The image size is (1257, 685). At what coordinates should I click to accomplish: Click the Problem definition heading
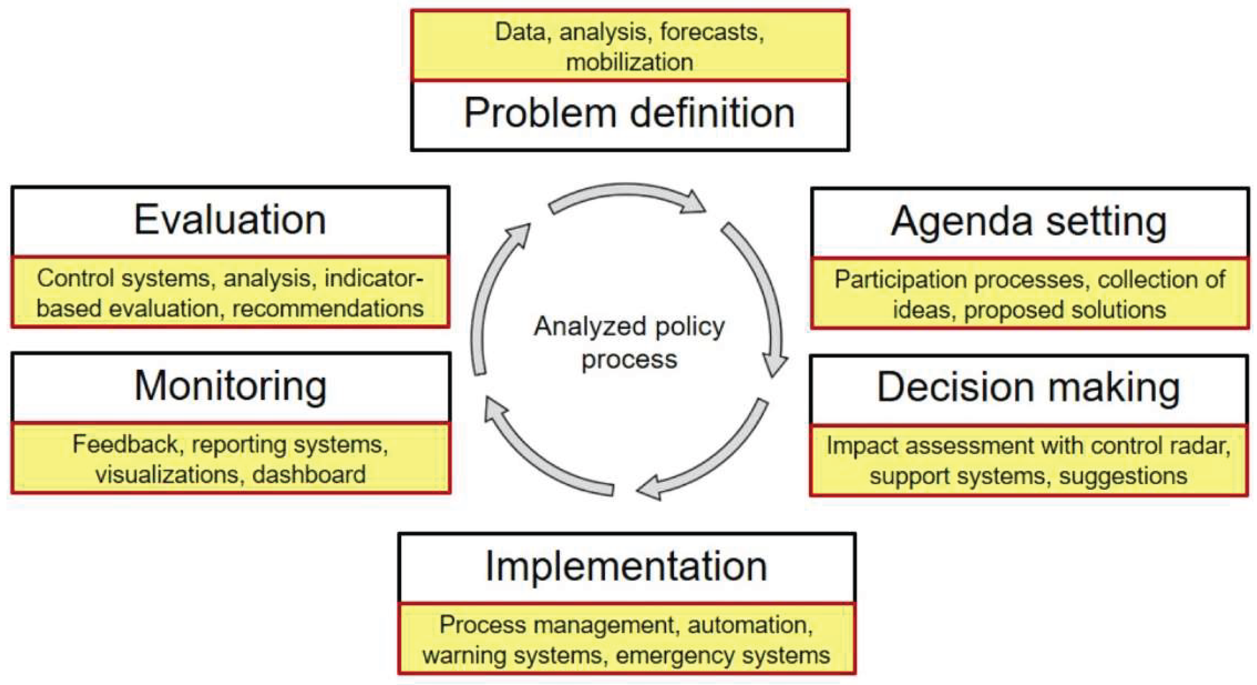pyautogui.click(x=629, y=113)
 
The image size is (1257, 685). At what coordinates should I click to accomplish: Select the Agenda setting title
pyautogui.click(x=1029, y=223)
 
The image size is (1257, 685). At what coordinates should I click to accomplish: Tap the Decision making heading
pyautogui.click(x=1028, y=388)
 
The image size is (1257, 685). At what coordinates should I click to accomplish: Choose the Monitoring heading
pyautogui.click(x=230, y=387)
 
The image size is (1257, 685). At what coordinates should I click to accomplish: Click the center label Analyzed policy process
pyautogui.click(x=629, y=343)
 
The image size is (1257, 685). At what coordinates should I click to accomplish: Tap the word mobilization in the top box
pyautogui.click(x=629, y=62)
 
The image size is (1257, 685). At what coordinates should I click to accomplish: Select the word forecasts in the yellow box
pyautogui.click(x=712, y=32)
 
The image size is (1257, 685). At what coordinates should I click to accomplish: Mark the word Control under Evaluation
pyautogui.click(x=74, y=278)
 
